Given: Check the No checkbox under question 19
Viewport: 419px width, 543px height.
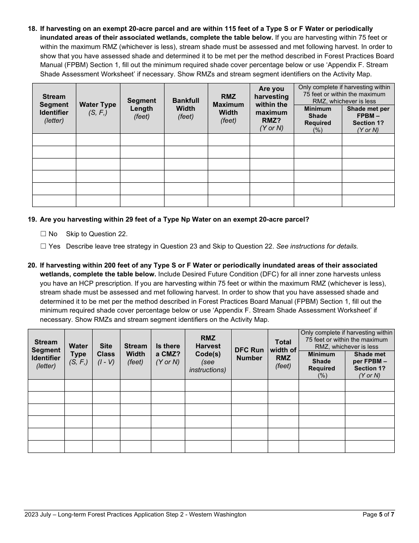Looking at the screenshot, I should (x=43, y=234).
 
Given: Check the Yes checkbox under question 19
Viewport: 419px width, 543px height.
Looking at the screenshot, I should (x=43, y=246).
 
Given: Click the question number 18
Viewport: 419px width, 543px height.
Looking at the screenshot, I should (x=32, y=29).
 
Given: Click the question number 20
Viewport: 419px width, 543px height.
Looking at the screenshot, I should (x=32, y=265).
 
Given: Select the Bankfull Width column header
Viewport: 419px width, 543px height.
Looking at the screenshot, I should (x=186, y=109).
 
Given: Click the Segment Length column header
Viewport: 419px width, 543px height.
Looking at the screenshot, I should (x=142, y=109).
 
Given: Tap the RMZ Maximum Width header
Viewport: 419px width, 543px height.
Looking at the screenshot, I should (x=228, y=109).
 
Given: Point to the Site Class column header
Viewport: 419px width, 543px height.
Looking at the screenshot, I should (x=106, y=354).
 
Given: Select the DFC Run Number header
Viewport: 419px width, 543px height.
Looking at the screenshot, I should (x=249, y=354).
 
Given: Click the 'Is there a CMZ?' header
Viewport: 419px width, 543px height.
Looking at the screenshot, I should (x=168, y=354).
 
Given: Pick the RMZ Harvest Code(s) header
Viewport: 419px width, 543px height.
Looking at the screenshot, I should (x=208, y=354).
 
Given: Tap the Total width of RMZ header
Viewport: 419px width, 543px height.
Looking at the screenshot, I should (x=283, y=354).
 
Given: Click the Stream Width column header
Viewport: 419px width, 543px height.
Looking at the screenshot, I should (x=135, y=354).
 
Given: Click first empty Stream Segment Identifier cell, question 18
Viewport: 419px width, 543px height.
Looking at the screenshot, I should (x=54, y=140).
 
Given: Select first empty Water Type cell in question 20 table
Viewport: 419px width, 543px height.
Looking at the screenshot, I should (x=78, y=385).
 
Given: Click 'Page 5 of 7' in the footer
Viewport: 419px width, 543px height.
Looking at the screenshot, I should (x=378, y=514).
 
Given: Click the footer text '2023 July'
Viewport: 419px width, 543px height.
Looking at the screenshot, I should (x=39, y=514).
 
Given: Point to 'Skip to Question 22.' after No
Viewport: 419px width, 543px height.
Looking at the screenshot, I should (x=97, y=234).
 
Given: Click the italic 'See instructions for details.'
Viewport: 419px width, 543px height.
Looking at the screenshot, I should (x=317, y=246).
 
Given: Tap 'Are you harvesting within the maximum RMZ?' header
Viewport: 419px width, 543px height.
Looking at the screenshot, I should (x=271, y=109).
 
